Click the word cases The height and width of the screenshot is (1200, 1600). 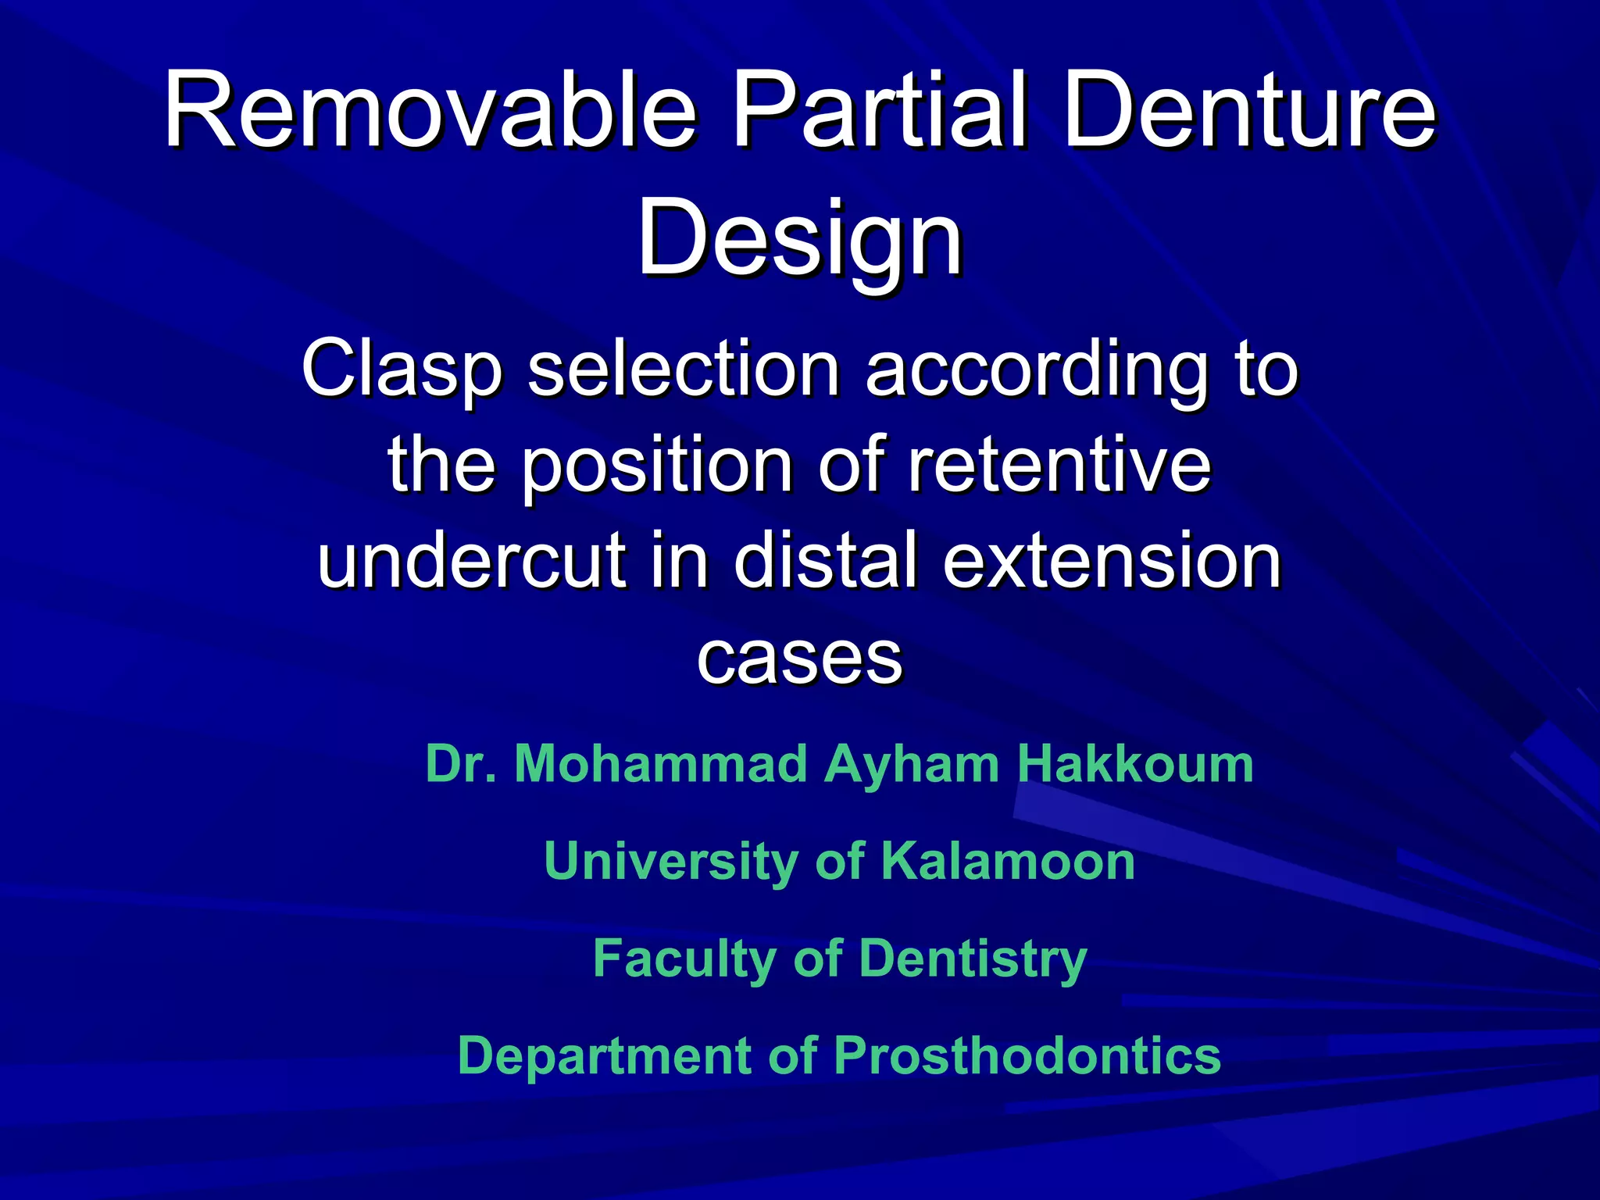click(x=799, y=658)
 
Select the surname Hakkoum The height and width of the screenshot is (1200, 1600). click(x=1134, y=763)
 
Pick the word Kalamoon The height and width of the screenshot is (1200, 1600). click(x=1008, y=861)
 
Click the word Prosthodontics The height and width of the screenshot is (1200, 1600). click(x=1027, y=1055)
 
